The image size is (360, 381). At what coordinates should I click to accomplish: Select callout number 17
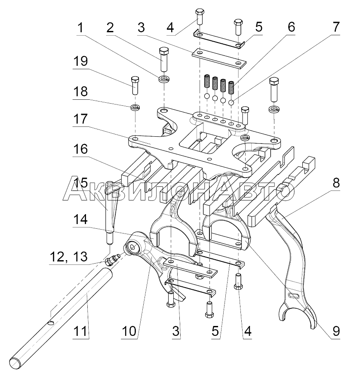click(80, 119)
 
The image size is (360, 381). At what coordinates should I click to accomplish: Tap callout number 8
click(336, 183)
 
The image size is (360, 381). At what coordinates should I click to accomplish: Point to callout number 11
click(80, 331)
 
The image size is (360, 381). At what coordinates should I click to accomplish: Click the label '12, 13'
click(69, 257)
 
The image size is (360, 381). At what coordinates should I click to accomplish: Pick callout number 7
click(336, 27)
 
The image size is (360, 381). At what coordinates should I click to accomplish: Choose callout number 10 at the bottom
click(129, 331)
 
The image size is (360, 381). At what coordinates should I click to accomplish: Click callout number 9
click(336, 331)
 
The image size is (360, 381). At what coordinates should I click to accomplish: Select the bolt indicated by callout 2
click(163, 59)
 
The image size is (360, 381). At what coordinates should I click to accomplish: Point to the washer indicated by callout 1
click(164, 79)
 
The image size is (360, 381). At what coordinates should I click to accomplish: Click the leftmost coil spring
click(207, 81)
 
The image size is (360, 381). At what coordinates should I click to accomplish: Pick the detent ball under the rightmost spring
click(231, 102)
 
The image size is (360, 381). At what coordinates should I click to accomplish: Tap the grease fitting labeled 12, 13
click(111, 259)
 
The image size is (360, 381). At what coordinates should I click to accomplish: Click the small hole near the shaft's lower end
click(51, 323)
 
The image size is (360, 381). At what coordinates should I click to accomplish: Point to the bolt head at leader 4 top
click(200, 12)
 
